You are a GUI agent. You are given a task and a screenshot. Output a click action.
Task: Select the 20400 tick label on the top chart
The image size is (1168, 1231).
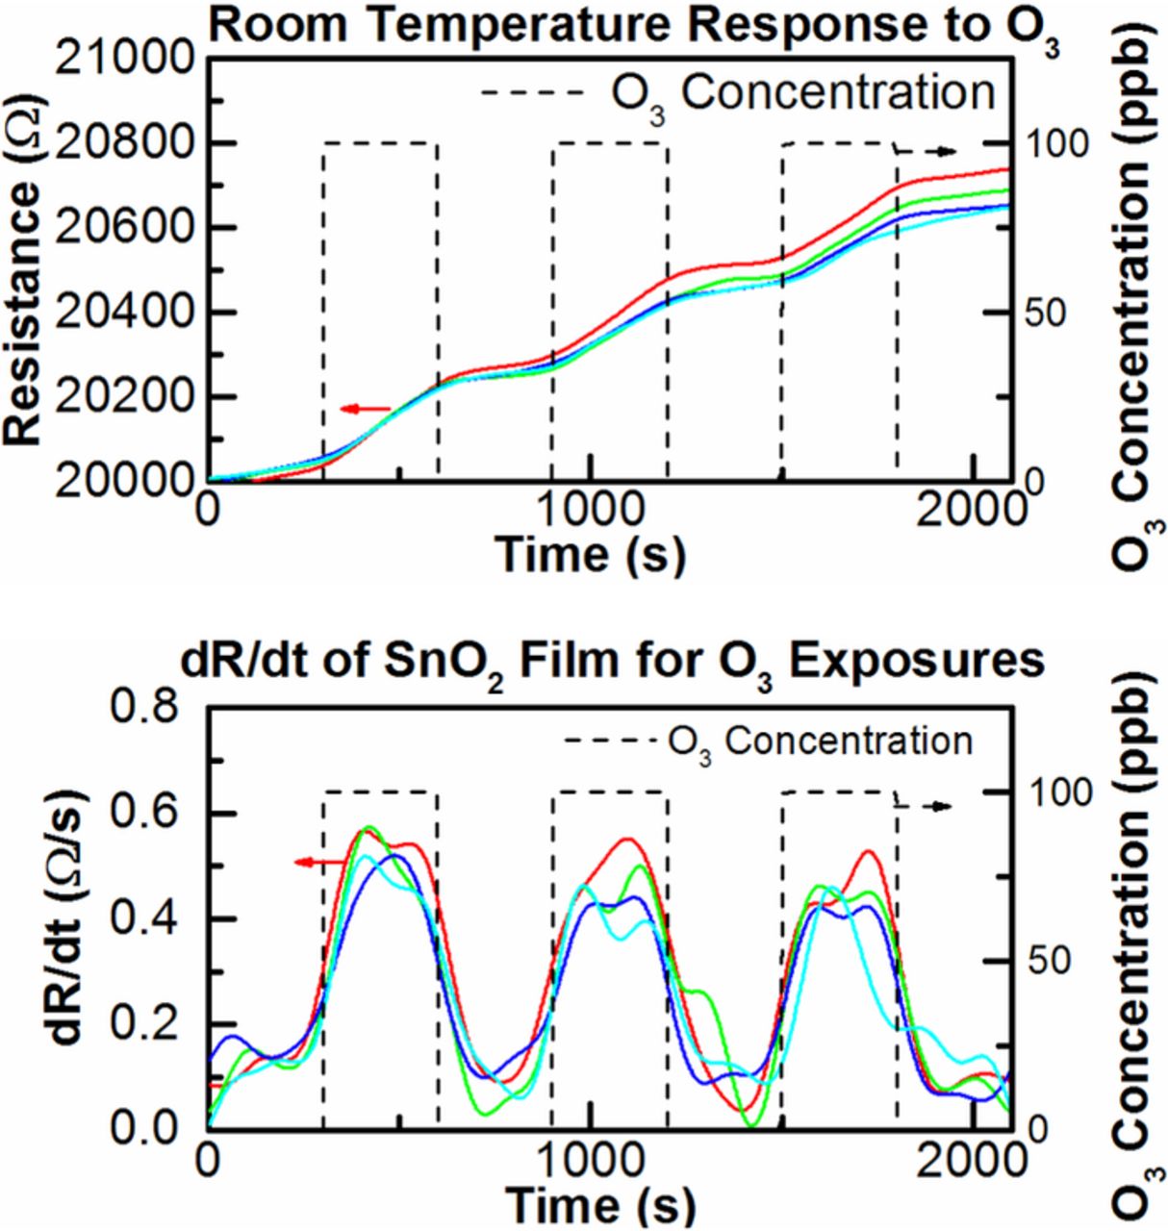(x=124, y=314)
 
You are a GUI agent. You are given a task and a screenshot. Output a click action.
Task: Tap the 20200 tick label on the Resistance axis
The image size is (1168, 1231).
(x=124, y=398)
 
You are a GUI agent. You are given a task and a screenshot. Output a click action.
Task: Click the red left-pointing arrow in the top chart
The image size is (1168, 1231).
(x=365, y=410)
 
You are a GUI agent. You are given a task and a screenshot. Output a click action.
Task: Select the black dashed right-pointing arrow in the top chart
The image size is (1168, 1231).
(x=925, y=151)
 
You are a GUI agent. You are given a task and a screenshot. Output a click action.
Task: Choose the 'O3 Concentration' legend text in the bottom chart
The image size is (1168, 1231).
(x=819, y=741)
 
